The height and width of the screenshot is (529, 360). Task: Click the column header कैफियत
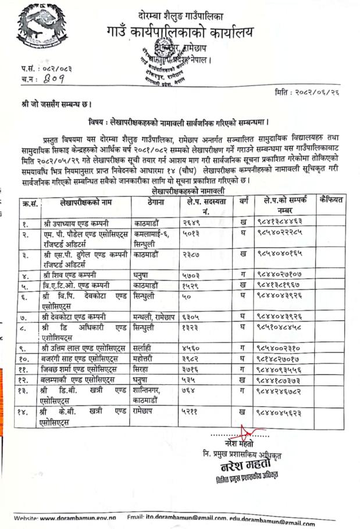[x=332, y=202]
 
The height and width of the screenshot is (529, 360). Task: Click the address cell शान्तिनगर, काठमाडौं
[x=154, y=397]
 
